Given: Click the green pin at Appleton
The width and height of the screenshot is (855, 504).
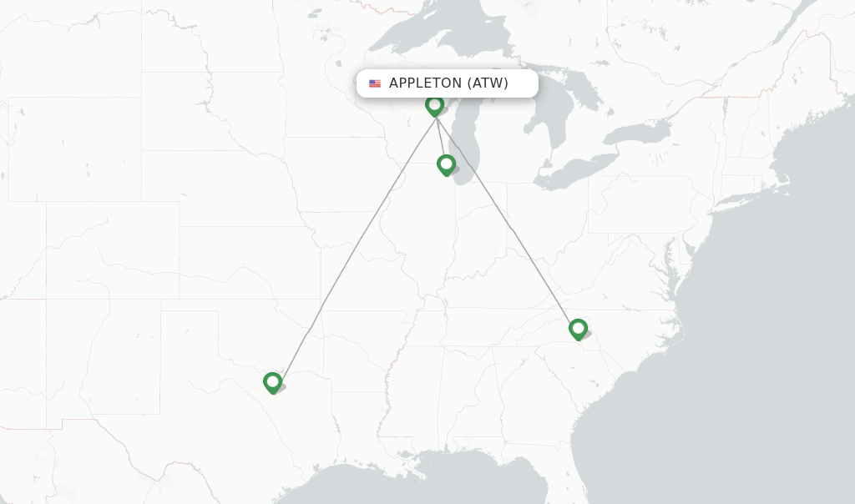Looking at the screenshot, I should pos(434,105).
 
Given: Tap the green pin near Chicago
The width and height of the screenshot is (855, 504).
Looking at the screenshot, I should pos(446,164).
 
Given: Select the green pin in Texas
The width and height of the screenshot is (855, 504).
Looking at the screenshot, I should pos(272,382).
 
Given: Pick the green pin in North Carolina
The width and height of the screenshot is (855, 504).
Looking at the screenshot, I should pos(578,329).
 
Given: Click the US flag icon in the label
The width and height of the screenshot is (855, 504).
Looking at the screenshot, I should pos(375,83).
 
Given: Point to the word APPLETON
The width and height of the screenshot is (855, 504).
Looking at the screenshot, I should pos(425,83).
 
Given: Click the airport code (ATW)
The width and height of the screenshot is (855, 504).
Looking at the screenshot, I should pos(488,83).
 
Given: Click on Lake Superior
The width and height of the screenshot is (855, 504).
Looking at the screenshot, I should pos(434,33).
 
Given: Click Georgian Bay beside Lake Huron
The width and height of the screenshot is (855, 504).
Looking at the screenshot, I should pos(584,92).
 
